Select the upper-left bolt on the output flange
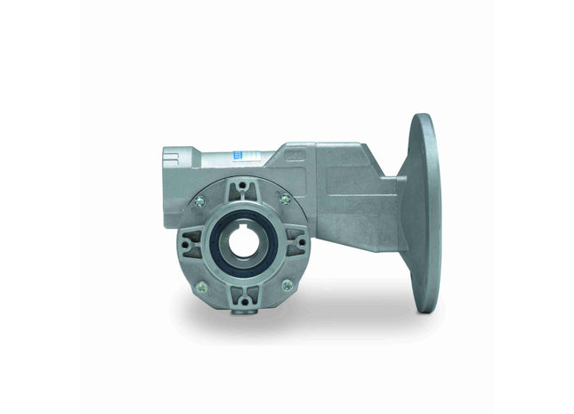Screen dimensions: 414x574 (199, 201)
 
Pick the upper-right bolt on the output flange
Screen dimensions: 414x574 (286, 199)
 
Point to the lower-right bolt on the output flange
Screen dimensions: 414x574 (287, 285)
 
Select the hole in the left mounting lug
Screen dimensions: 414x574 (189, 241)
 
